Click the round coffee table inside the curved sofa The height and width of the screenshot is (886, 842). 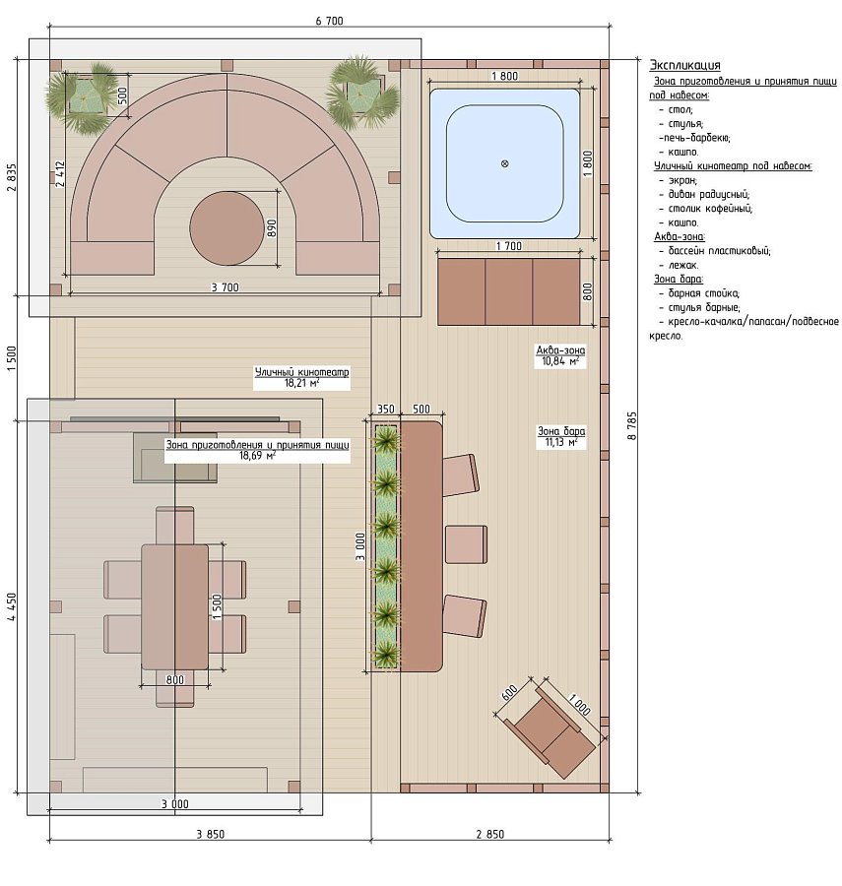click(x=227, y=228)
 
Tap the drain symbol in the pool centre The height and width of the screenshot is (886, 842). click(x=504, y=163)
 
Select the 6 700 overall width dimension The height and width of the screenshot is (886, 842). click(x=330, y=21)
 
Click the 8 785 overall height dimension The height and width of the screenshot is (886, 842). click(x=632, y=425)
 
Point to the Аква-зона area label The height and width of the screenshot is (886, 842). click(x=560, y=356)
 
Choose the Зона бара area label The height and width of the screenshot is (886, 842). click(x=561, y=436)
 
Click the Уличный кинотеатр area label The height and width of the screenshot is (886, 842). click(x=301, y=377)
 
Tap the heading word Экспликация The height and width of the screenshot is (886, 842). click(x=684, y=65)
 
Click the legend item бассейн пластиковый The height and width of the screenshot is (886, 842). click(x=719, y=251)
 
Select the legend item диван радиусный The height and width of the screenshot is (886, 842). click(x=709, y=194)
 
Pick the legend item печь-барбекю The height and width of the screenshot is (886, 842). click(x=694, y=138)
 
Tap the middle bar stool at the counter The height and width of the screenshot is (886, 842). click(x=466, y=544)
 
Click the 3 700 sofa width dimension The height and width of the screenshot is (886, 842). click(x=225, y=287)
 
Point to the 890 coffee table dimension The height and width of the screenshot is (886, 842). click(x=272, y=227)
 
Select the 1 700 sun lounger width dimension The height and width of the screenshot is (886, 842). click(x=508, y=246)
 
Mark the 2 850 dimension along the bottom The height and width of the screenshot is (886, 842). click(x=490, y=834)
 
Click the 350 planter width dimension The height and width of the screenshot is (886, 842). click(x=385, y=410)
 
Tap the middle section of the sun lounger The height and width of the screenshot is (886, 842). click(x=508, y=291)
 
